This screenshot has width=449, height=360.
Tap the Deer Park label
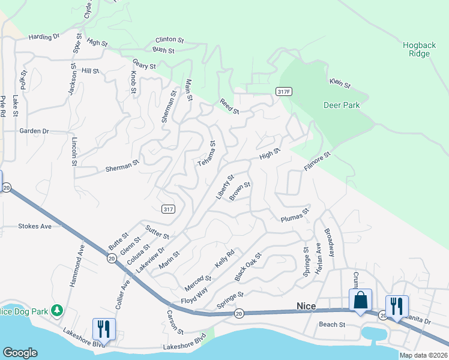[x=342, y=105]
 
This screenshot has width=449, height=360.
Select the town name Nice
[x=306, y=306]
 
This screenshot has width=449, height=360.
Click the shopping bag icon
[x=361, y=299]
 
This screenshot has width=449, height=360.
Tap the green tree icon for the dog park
[x=57, y=310]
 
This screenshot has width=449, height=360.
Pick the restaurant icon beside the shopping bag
[x=396, y=305]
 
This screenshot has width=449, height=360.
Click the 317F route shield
[x=284, y=91]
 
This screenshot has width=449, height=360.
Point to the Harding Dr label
[x=44, y=37]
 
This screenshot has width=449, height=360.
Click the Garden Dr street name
[x=34, y=131]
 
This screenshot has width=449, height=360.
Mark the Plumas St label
[x=295, y=215]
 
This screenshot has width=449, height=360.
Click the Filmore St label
[x=318, y=162]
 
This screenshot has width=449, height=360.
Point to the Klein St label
[x=340, y=83]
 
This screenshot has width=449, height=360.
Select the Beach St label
[x=332, y=325]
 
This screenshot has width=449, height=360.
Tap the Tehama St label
[x=206, y=154]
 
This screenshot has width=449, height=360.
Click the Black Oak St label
[x=248, y=267]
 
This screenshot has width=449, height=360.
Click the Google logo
[x=20, y=353]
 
